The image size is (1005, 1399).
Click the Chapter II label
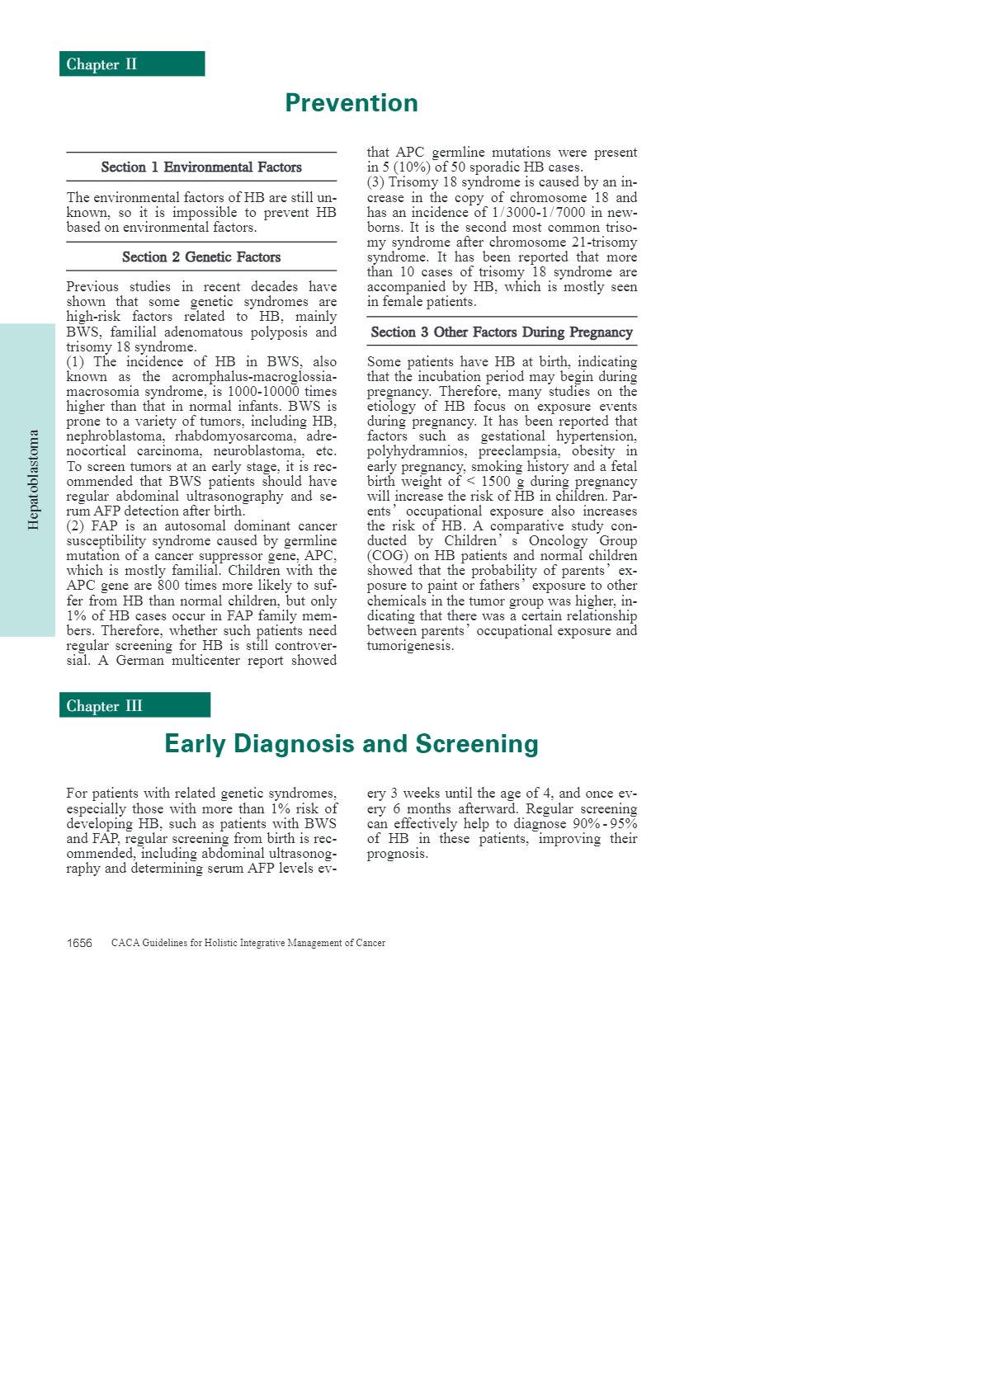point(101,64)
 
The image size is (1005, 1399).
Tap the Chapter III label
point(104,706)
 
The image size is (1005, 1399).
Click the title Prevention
point(352,103)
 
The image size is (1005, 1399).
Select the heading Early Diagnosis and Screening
point(352,744)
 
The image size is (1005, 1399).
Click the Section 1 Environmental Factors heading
point(201,167)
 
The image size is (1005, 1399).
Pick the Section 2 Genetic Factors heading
point(201,257)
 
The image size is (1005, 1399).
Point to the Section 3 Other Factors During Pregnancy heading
point(502,332)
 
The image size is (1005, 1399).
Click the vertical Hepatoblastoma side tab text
point(34,479)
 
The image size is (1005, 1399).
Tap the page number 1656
point(79,943)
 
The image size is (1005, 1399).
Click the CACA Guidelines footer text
point(248,943)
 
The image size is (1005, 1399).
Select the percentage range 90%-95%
point(605,824)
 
